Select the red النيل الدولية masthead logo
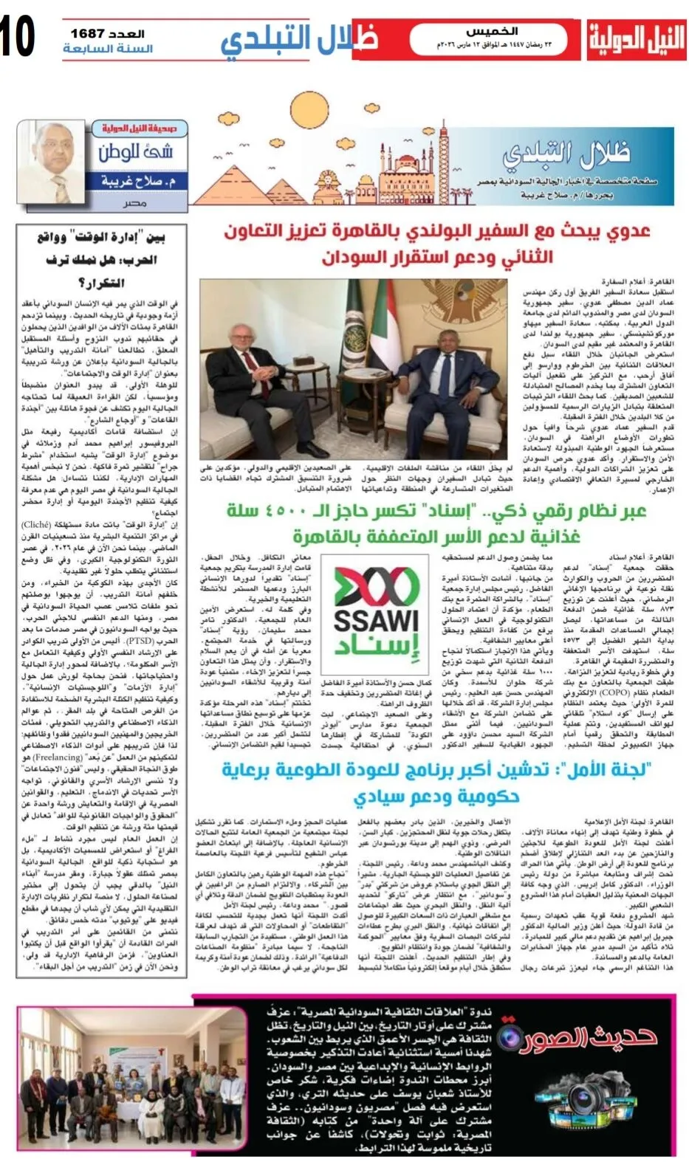pos(636,40)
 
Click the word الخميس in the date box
pos(493,32)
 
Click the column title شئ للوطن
pos(135,153)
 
